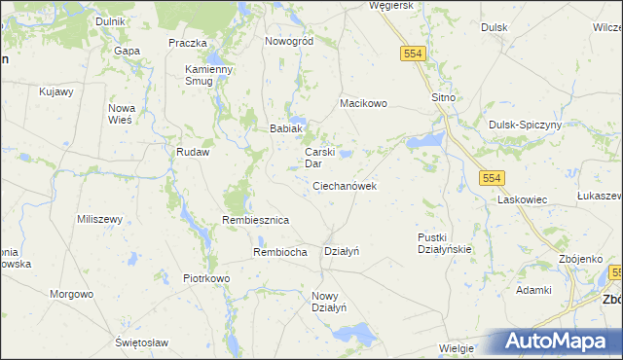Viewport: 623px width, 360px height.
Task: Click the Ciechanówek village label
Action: (345, 185)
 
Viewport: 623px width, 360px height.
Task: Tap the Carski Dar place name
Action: (320, 158)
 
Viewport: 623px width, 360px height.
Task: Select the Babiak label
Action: (287, 128)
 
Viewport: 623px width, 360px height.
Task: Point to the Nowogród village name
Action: (288, 42)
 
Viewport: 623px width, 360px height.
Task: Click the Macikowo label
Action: (363, 102)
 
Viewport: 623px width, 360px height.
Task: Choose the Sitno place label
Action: (444, 99)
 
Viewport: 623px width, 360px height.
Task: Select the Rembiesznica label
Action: (256, 220)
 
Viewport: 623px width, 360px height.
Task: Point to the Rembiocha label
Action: (280, 252)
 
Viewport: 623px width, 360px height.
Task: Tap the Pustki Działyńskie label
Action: (444, 242)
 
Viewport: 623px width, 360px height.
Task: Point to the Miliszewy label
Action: (99, 219)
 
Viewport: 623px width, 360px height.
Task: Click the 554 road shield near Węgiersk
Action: (411, 54)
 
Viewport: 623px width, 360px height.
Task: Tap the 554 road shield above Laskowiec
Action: (492, 177)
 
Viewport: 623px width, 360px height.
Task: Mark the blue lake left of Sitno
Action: (425, 143)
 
